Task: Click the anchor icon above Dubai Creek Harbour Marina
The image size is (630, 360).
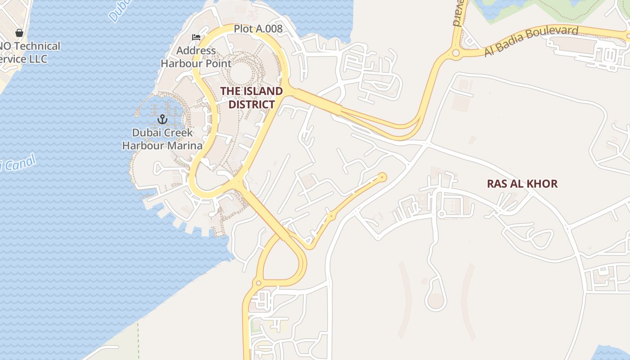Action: click(162, 119)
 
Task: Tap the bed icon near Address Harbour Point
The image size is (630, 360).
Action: click(196, 37)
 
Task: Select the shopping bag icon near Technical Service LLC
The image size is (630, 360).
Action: click(19, 33)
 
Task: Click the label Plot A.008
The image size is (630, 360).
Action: click(258, 29)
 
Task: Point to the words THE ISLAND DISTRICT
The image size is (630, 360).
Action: click(252, 98)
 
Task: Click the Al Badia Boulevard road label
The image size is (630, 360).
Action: click(531, 41)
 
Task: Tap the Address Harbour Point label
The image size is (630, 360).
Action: click(196, 57)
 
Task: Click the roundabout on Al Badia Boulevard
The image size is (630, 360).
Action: click(455, 54)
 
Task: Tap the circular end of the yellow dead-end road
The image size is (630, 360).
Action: click(382, 177)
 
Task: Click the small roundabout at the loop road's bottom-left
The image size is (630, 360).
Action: click(258, 283)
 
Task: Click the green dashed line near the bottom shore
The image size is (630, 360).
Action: click(138, 337)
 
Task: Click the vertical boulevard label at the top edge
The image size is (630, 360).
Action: click(458, 13)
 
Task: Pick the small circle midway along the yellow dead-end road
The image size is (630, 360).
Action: click(332, 216)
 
